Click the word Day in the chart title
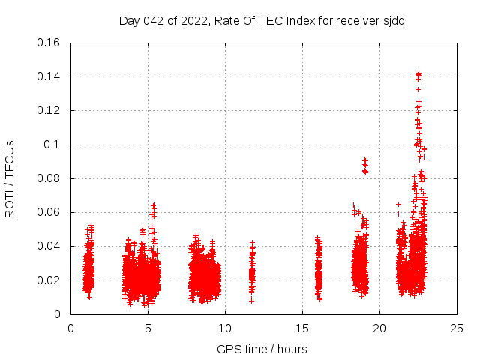(x=130, y=21)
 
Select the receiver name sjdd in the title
(x=392, y=21)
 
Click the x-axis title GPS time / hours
(x=262, y=349)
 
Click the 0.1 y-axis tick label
(x=52, y=145)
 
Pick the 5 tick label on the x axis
(x=148, y=328)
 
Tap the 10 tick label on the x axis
(x=225, y=328)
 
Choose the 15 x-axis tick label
(x=302, y=328)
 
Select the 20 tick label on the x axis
(x=379, y=328)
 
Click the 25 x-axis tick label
(x=457, y=328)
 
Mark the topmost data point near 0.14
(x=418, y=73)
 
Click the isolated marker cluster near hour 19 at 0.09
(x=365, y=165)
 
